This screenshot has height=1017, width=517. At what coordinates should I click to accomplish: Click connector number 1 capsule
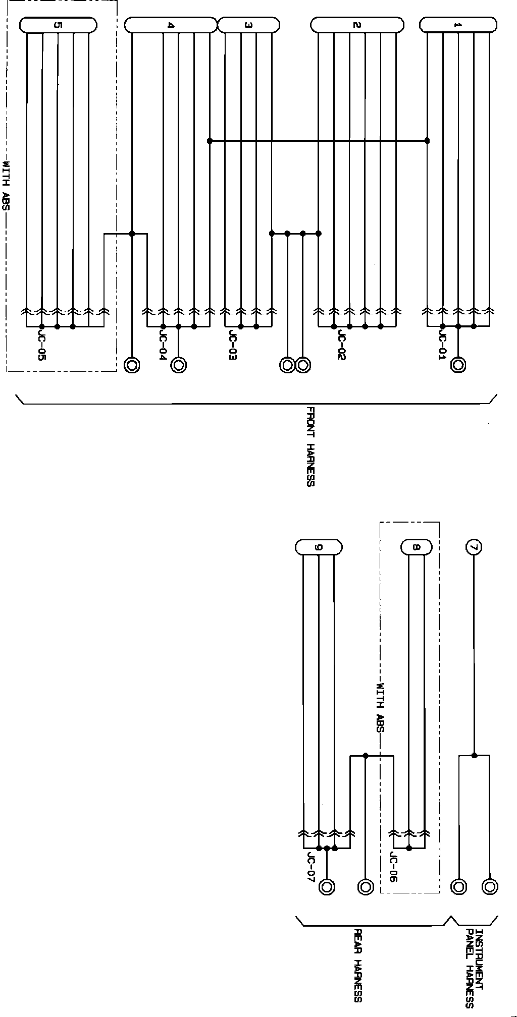tap(458, 25)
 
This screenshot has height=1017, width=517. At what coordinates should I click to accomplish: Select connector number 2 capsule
tap(357, 25)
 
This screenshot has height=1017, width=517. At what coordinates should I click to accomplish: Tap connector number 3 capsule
tap(248, 25)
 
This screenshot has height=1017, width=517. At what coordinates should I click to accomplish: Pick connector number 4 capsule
tap(171, 25)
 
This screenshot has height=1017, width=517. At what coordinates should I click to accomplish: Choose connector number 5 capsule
tap(58, 25)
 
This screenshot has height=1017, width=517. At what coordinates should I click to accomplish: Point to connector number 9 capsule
tap(318, 547)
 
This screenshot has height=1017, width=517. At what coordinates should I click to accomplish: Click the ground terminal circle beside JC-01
tap(458, 365)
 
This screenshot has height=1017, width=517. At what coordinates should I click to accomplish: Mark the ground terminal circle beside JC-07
tap(327, 886)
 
